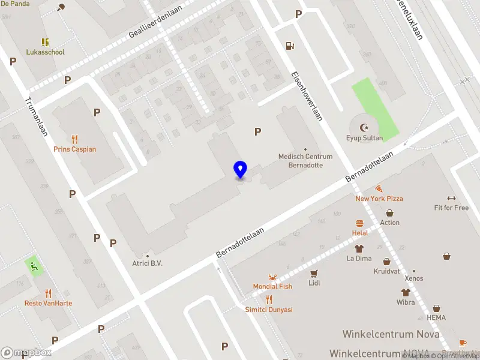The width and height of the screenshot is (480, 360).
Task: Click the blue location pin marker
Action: pyautogui.click(x=240, y=170)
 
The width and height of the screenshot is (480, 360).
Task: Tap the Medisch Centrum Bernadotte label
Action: pyautogui.click(x=305, y=160)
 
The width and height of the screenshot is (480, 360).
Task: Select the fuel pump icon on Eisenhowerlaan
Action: pyautogui.click(x=290, y=45)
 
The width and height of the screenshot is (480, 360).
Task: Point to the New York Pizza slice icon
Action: pyautogui.click(x=379, y=188)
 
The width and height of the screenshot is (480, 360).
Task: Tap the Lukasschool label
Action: pyautogui.click(x=45, y=52)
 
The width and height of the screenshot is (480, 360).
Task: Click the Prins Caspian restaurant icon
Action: pyautogui.click(x=74, y=139)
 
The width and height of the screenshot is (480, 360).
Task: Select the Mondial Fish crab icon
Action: pyautogui.click(x=272, y=277)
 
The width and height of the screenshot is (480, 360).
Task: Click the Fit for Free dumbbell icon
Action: pyautogui.click(x=451, y=199)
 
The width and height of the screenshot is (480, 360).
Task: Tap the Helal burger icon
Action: pyautogui.click(x=360, y=223)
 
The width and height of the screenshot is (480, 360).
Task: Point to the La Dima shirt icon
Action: pyautogui.click(x=359, y=248)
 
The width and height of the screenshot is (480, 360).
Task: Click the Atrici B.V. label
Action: pyautogui.click(x=147, y=263)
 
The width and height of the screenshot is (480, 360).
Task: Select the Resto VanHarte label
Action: pyautogui.click(x=48, y=303)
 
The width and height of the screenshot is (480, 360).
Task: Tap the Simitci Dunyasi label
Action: pyautogui.click(x=269, y=310)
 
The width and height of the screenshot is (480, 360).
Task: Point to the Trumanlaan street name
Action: pyautogui.click(x=37, y=117)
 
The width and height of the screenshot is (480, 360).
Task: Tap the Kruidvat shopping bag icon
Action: pyautogui.click(x=386, y=262)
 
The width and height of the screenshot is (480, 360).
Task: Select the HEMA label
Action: pyautogui.click(x=436, y=317)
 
